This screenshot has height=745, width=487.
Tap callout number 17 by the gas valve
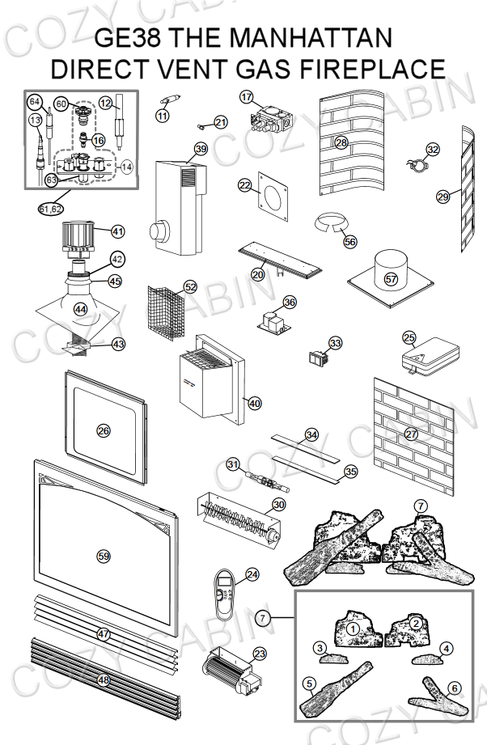(247, 96)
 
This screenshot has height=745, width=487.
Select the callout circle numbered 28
(341, 143)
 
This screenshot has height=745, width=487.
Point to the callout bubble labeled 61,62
(50, 209)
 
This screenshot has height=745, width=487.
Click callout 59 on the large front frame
(104, 556)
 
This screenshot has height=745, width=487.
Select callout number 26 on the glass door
(104, 430)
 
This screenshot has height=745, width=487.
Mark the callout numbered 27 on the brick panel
(411, 434)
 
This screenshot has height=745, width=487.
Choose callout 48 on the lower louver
(104, 680)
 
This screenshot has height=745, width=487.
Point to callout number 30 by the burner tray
(278, 504)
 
